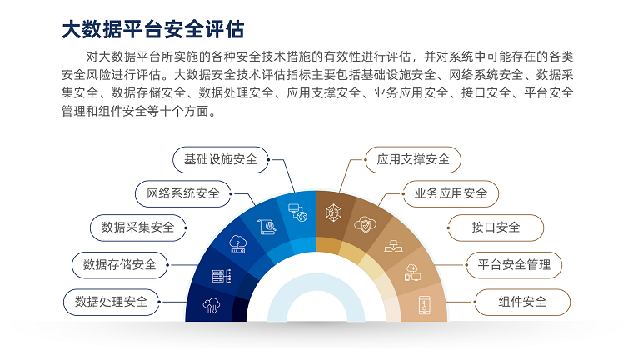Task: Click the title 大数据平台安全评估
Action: (x=153, y=29)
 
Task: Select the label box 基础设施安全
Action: (x=221, y=159)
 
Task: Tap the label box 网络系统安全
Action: (x=183, y=193)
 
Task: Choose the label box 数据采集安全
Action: (x=137, y=227)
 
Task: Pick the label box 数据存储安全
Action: (x=120, y=265)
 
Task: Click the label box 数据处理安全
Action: (x=112, y=302)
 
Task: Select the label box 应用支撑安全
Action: (x=413, y=159)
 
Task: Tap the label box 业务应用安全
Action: (x=451, y=193)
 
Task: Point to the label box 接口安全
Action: (x=496, y=227)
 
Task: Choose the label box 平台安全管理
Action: (x=514, y=265)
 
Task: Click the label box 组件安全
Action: (x=522, y=302)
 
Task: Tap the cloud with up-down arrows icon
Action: (x=212, y=305)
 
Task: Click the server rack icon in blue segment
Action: (x=222, y=276)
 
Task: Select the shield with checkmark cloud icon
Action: (x=366, y=224)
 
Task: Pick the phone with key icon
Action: (x=425, y=305)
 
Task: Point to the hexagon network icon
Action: (x=333, y=212)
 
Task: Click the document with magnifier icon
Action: (x=267, y=227)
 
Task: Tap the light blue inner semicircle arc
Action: (x=316, y=282)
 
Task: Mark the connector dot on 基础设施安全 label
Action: (x=268, y=159)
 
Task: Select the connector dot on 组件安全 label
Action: (x=475, y=302)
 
